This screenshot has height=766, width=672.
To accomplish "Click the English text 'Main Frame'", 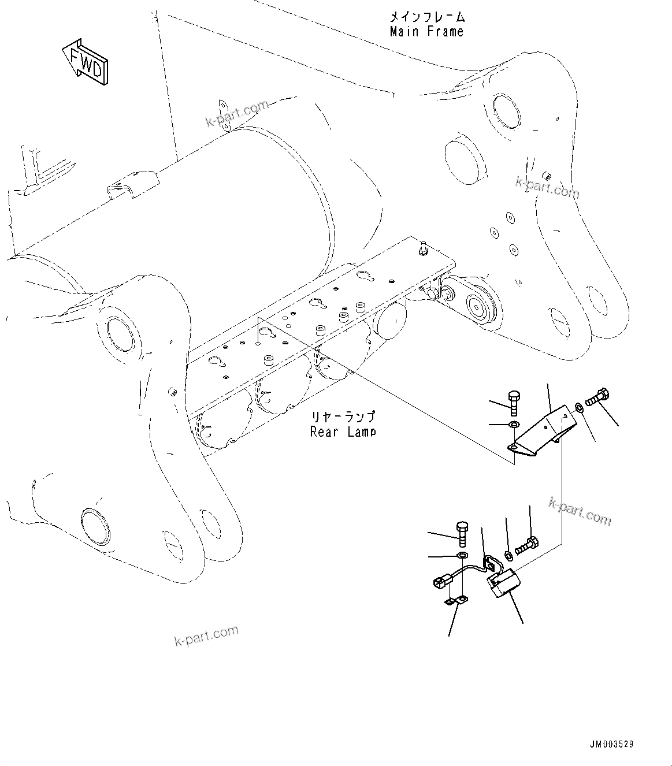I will pyautogui.click(x=426, y=32).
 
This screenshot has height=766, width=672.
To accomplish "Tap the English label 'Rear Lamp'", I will pyautogui.click(x=343, y=431).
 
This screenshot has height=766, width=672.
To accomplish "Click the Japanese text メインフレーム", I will pyautogui.click(x=426, y=16).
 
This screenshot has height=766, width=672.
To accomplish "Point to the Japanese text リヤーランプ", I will pyautogui.click(x=343, y=417).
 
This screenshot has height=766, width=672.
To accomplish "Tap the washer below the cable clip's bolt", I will pyautogui.click(x=463, y=556).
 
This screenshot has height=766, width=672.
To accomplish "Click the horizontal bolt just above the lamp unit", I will pyautogui.click(x=526, y=544).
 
